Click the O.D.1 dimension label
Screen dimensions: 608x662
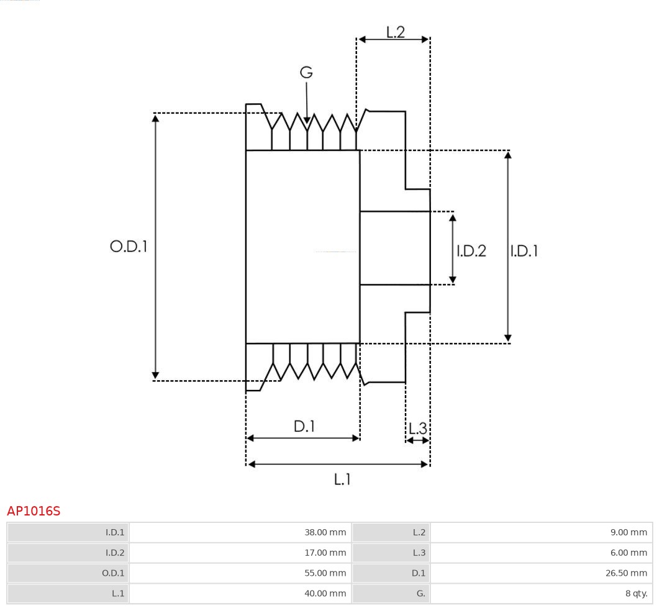[129, 247]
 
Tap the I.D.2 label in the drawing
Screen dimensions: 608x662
[471, 251]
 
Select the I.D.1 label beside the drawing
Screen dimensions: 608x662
[524, 251]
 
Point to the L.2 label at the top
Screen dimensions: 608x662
[396, 32]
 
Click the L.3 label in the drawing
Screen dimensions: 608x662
[418, 429]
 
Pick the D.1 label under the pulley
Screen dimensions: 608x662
[304, 427]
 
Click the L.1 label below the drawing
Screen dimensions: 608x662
[342, 479]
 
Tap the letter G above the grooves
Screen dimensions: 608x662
[306, 73]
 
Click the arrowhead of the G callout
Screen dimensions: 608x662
[306, 119]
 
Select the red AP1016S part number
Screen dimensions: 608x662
[34, 511]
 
